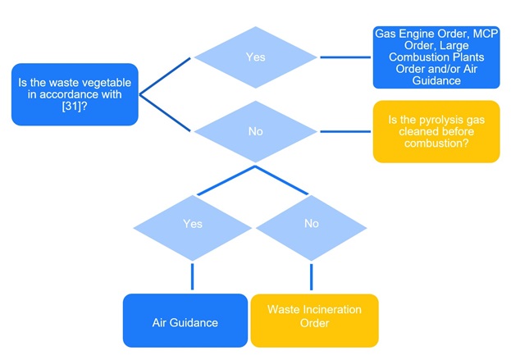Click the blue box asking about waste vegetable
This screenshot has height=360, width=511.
(x=75, y=93)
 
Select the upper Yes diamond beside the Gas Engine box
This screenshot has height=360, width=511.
(x=255, y=57)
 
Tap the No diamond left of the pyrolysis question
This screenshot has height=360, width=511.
(x=255, y=131)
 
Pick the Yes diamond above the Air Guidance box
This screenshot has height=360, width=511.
(x=193, y=223)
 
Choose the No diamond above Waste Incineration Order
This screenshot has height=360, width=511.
(x=311, y=223)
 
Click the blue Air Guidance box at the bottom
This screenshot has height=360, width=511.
(x=185, y=321)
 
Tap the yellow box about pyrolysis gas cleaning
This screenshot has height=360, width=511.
(x=436, y=131)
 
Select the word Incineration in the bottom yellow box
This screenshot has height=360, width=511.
(x=326, y=309)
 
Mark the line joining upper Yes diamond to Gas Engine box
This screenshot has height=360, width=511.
(x=344, y=57)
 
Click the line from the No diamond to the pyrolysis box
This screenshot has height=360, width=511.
(x=344, y=131)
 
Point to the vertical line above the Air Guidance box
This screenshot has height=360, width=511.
(x=193, y=276)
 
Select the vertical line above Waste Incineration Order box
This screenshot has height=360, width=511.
(x=311, y=276)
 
